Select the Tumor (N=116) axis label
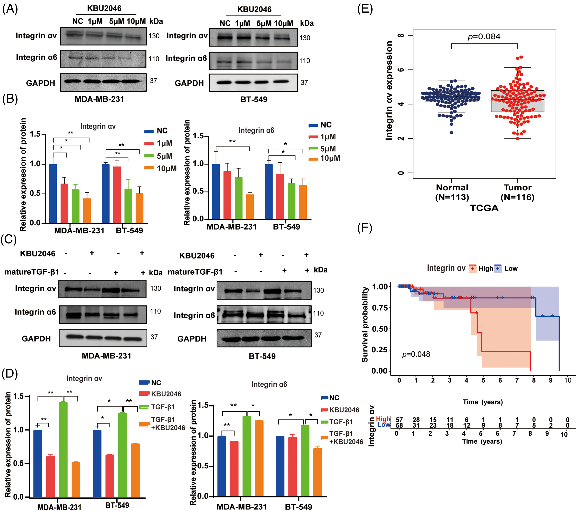click(x=517, y=192)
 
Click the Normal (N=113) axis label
click(x=452, y=192)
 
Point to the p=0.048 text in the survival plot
click(x=416, y=355)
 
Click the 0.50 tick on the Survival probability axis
click(x=380, y=329)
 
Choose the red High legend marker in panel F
click(x=473, y=268)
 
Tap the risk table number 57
click(x=399, y=420)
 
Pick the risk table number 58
click(x=399, y=425)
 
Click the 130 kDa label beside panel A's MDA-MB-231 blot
click(x=154, y=36)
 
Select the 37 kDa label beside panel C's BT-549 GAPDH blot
click(x=318, y=335)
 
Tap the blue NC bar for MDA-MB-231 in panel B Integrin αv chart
click(x=53, y=194)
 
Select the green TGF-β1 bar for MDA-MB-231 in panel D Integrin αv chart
click(x=63, y=449)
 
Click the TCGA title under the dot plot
click(x=484, y=208)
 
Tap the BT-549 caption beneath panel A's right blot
click(x=254, y=99)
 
